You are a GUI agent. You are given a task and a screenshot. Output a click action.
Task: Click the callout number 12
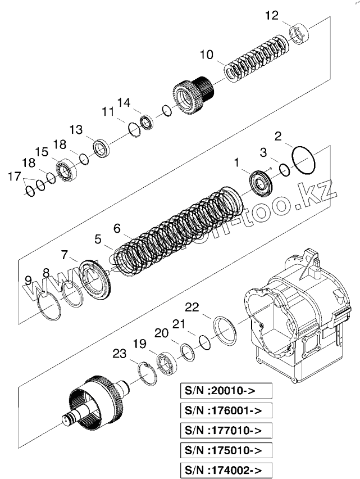coord(271,16)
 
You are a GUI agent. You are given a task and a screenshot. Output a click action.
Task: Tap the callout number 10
coord(206,55)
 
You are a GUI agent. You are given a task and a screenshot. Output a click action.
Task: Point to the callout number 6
coord(117,228)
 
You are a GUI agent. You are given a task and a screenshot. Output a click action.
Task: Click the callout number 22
coord(192,308)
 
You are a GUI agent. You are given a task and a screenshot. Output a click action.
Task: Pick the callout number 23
coord(119,354)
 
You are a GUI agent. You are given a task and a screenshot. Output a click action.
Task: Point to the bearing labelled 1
coord(261,183)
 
